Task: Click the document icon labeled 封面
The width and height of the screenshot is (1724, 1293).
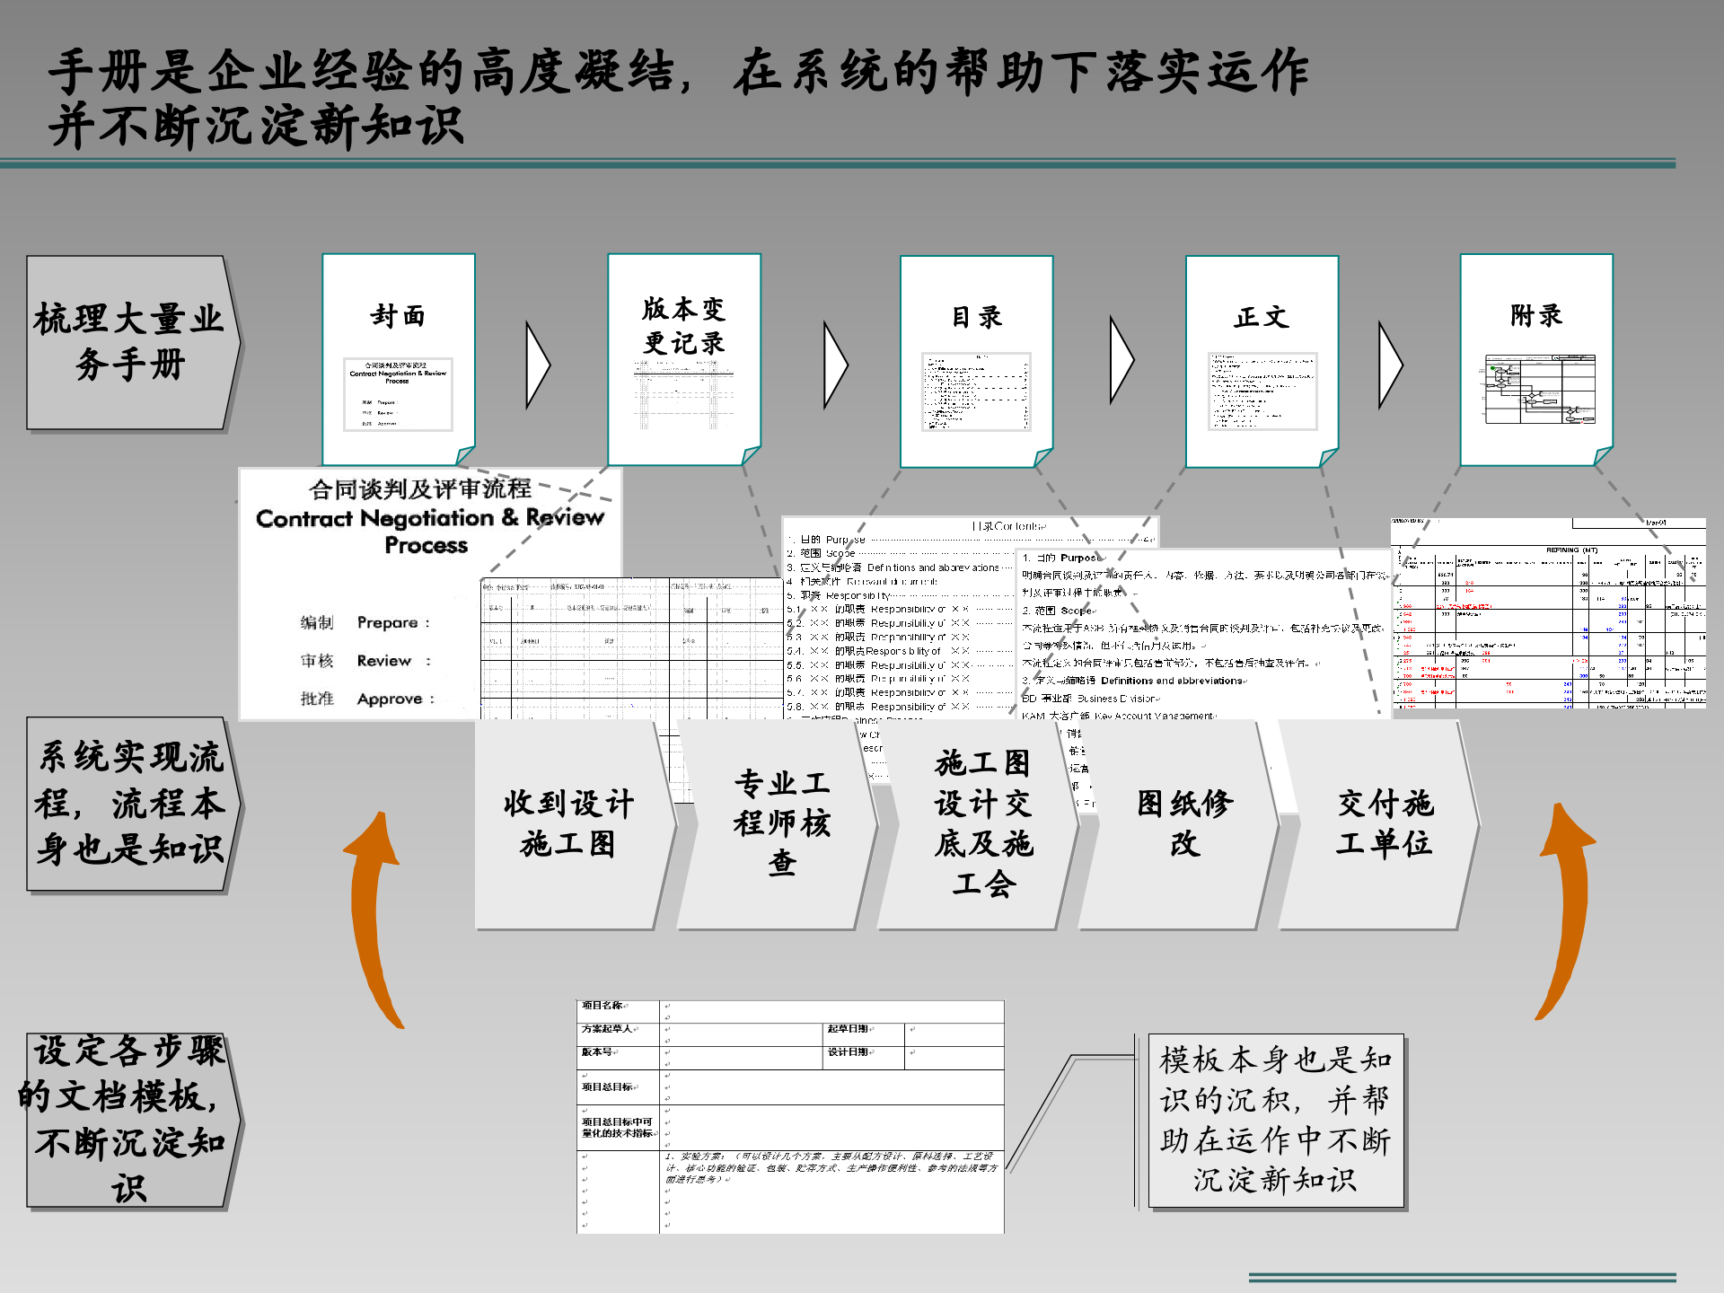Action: [x=399, y=359]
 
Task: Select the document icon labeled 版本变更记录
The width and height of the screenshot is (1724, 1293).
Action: [x=684, y=359]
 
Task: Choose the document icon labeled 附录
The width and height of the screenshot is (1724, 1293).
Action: [x=1536, y=359]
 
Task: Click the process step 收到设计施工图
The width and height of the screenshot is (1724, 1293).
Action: [x=569, y=824]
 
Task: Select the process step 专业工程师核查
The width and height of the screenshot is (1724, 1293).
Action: [x=781, y=824]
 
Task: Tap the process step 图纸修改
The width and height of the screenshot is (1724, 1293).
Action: [x=1183, y=824]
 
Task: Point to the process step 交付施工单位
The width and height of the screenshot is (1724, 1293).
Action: [x=1384, y=824]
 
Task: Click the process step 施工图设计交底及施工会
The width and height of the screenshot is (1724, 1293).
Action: [x=983, y=824]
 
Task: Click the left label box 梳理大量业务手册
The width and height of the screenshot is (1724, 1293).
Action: [x=129, y=342]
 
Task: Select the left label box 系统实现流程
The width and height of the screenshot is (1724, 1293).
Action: [x=129, y=804]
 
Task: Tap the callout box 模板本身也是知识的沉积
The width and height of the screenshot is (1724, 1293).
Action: [x=1275, y=1120]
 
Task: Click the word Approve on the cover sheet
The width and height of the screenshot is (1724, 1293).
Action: [x=389, y=699]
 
